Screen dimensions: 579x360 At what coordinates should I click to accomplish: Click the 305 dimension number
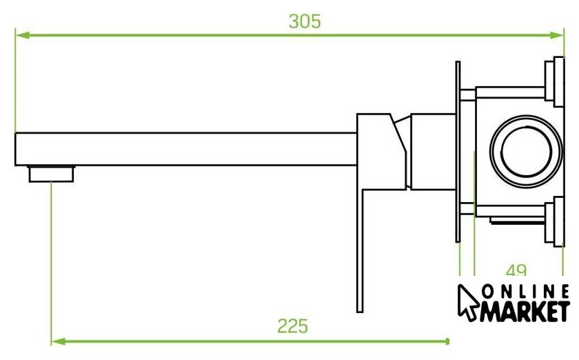coord(305,21)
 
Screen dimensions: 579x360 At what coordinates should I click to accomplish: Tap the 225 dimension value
coord(292,326)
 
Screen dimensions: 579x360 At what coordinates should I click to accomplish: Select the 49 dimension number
coord(516,270)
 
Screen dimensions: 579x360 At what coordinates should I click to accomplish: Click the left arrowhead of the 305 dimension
coord(22,35)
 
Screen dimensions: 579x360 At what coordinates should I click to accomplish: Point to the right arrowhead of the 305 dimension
coord(557,35)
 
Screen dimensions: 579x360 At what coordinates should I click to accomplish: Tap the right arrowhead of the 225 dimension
coord(443,341)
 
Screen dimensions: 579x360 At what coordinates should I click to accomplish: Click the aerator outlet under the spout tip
coord(51,174)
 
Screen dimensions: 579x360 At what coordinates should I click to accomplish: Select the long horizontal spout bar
coord(185,149)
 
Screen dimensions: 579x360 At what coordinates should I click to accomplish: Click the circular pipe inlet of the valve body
coord(526,151)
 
